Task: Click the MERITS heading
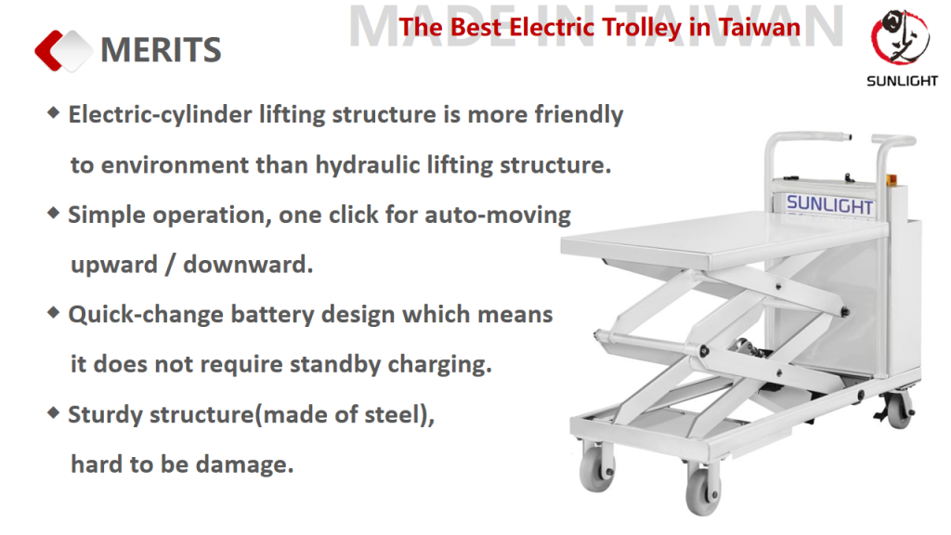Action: click(161, 50)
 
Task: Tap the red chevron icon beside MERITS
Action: click(48, 50)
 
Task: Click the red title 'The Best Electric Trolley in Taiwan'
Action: click(599, 27)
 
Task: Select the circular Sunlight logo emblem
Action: click(900, 36)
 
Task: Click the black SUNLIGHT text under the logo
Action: click(902, 81)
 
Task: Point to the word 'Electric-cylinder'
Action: click(160, 114)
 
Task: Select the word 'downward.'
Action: click(248, 265)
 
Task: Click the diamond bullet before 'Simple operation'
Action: click(53, 213)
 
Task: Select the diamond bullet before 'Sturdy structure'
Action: click(53, 413)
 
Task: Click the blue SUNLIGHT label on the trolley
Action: click(829, 204)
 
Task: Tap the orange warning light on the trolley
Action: click(891, 179)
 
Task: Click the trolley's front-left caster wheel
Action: click(597, 466)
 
